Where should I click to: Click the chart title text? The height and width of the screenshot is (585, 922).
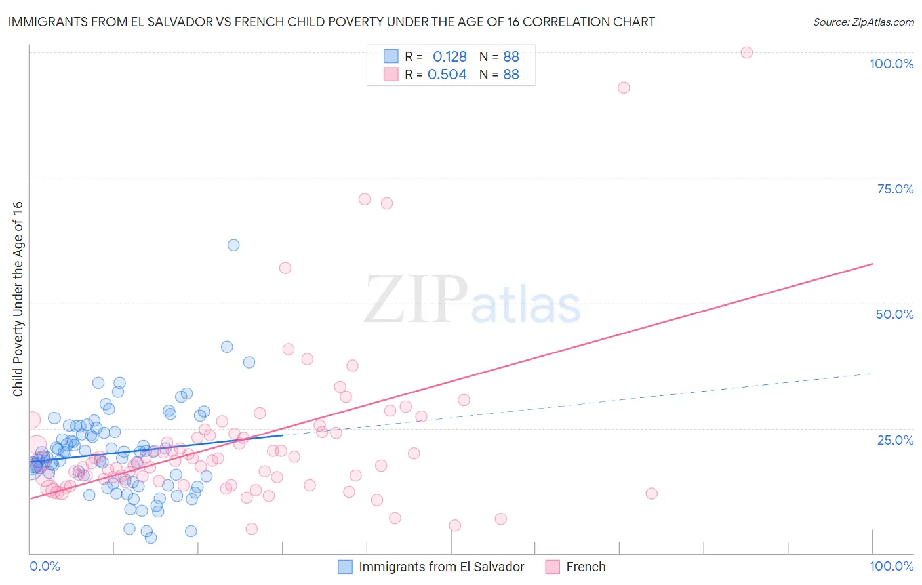click(x=331, y=22)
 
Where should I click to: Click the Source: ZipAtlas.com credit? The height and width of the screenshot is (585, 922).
click(x=863, y=22)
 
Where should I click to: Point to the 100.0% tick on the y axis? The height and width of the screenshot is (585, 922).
click(x=891, y=64)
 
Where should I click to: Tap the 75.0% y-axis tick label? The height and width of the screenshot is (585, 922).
click(x=895, y=189)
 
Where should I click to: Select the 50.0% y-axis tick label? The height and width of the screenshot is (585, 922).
click(x=894, y=314)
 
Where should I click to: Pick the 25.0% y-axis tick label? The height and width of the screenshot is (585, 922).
click(x=895, y=439)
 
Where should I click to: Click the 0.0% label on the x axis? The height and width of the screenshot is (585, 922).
click(x=45, y=566)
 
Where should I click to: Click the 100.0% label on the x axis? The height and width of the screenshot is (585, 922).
click(x=891, y=566)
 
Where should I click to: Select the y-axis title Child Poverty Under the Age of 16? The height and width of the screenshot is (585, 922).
click(x=18, y=298)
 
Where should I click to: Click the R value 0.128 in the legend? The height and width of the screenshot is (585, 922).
click(x=449, y=57)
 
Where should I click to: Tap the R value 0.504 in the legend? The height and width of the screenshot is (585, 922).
click(x=447, y=75)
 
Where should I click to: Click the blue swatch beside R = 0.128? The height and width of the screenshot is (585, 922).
click(x=391, y=56)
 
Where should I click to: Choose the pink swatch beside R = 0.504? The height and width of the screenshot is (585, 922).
click(x=391, y=74)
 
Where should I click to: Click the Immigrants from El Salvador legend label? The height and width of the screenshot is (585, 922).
click(x=441, y=567)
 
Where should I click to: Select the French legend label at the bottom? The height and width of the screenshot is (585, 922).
click(x=586, y=567)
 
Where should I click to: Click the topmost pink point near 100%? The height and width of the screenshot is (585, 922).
click(x=746, y=52)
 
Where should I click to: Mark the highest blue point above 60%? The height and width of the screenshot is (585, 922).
click(x=233, y=245)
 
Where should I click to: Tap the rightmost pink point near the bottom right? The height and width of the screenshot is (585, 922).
click(x=651, y=494)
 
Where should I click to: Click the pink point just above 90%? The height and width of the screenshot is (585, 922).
click(x=624, y=88)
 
